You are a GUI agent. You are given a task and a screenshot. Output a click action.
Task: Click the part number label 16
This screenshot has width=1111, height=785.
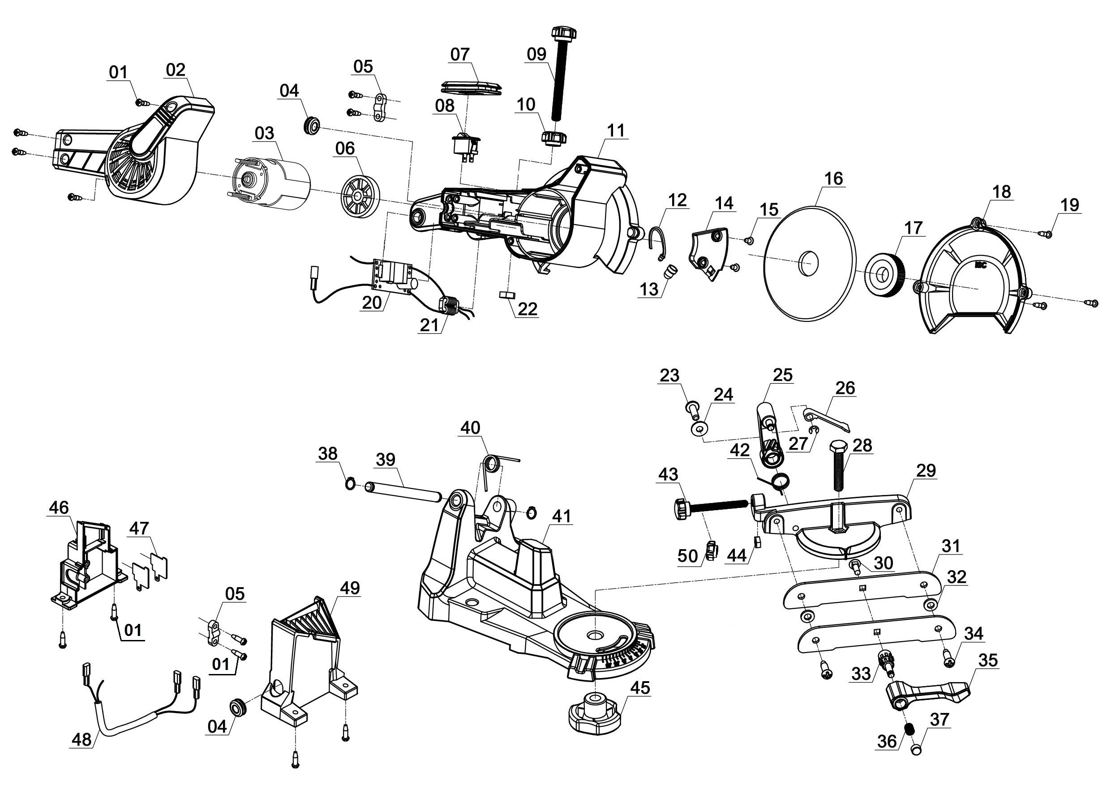(833, 179)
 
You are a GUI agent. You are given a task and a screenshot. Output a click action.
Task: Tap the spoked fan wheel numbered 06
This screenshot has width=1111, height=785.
(359, 196)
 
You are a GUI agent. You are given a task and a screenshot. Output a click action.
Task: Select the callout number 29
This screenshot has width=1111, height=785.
(926, 470)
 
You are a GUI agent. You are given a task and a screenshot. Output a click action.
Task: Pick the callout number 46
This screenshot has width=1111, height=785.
(59, 508)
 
